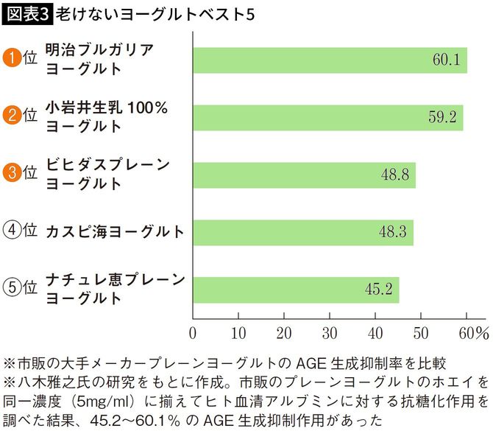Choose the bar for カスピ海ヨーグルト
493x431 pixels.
[x=302, y=232]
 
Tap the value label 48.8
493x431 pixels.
[x=396, y=175]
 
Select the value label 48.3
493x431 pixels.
[x=393, y=232]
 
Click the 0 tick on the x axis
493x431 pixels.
[x=193, y=332]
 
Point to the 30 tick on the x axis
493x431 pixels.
[x=330, y=332]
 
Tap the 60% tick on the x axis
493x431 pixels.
[x=472, y=332]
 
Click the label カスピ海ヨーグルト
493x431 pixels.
[x=115, y=232]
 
